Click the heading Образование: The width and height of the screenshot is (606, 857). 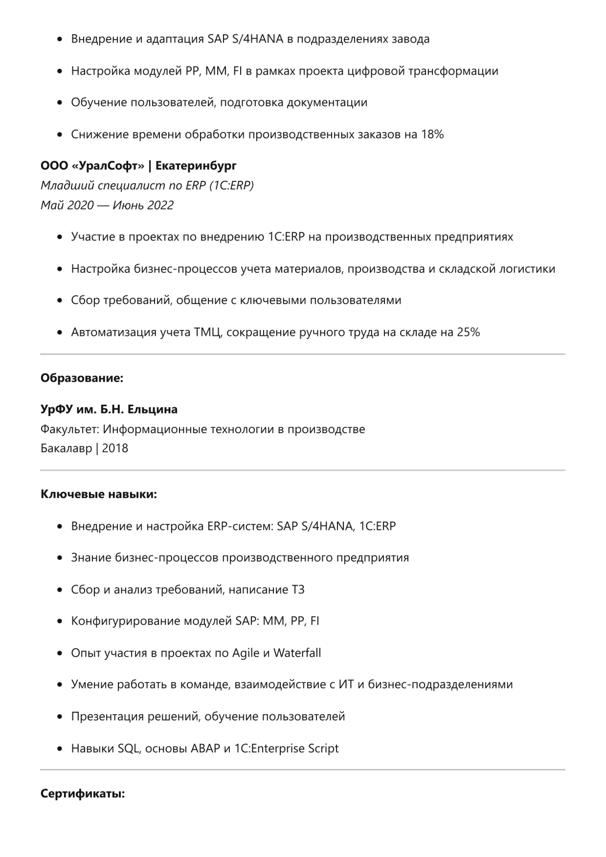click(82, 378)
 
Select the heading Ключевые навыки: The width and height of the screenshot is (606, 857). click(99, 494)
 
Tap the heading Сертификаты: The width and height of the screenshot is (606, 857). click(83, 793)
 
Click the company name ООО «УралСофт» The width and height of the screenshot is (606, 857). click(92, 166)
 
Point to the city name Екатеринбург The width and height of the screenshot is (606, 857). click(196, 166)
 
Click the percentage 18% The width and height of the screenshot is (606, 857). click(432, 134)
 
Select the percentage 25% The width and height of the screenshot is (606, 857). click(468, 332)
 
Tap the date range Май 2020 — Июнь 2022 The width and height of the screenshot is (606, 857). click(107, 205)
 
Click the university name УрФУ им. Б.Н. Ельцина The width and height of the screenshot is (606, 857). click(109, 409)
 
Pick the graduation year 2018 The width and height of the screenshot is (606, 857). click(115, 448)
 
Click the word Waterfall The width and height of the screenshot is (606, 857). click(297, 653)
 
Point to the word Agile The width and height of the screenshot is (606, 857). click(246, 653)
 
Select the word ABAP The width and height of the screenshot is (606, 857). click(205, 748)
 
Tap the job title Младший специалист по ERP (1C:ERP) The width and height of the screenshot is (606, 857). click(147, 186)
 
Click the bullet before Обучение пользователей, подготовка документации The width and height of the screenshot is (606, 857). click(60, 103)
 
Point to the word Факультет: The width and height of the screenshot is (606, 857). click(70, 429)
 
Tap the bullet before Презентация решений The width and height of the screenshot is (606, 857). click(60, 717)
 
